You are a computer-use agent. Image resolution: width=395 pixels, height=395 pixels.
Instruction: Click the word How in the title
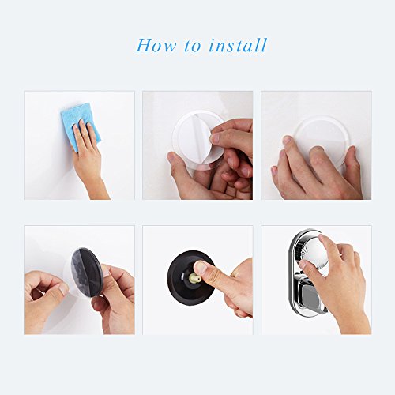pos(156,45)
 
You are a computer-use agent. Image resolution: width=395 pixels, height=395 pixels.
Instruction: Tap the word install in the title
pos(238,45)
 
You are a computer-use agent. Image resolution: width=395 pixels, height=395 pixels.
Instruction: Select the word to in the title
pos(192,46)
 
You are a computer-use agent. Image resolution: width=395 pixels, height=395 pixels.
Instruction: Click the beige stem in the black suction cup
pos(195,279)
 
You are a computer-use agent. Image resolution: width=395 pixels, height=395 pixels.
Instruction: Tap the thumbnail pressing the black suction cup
pos(201,267)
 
